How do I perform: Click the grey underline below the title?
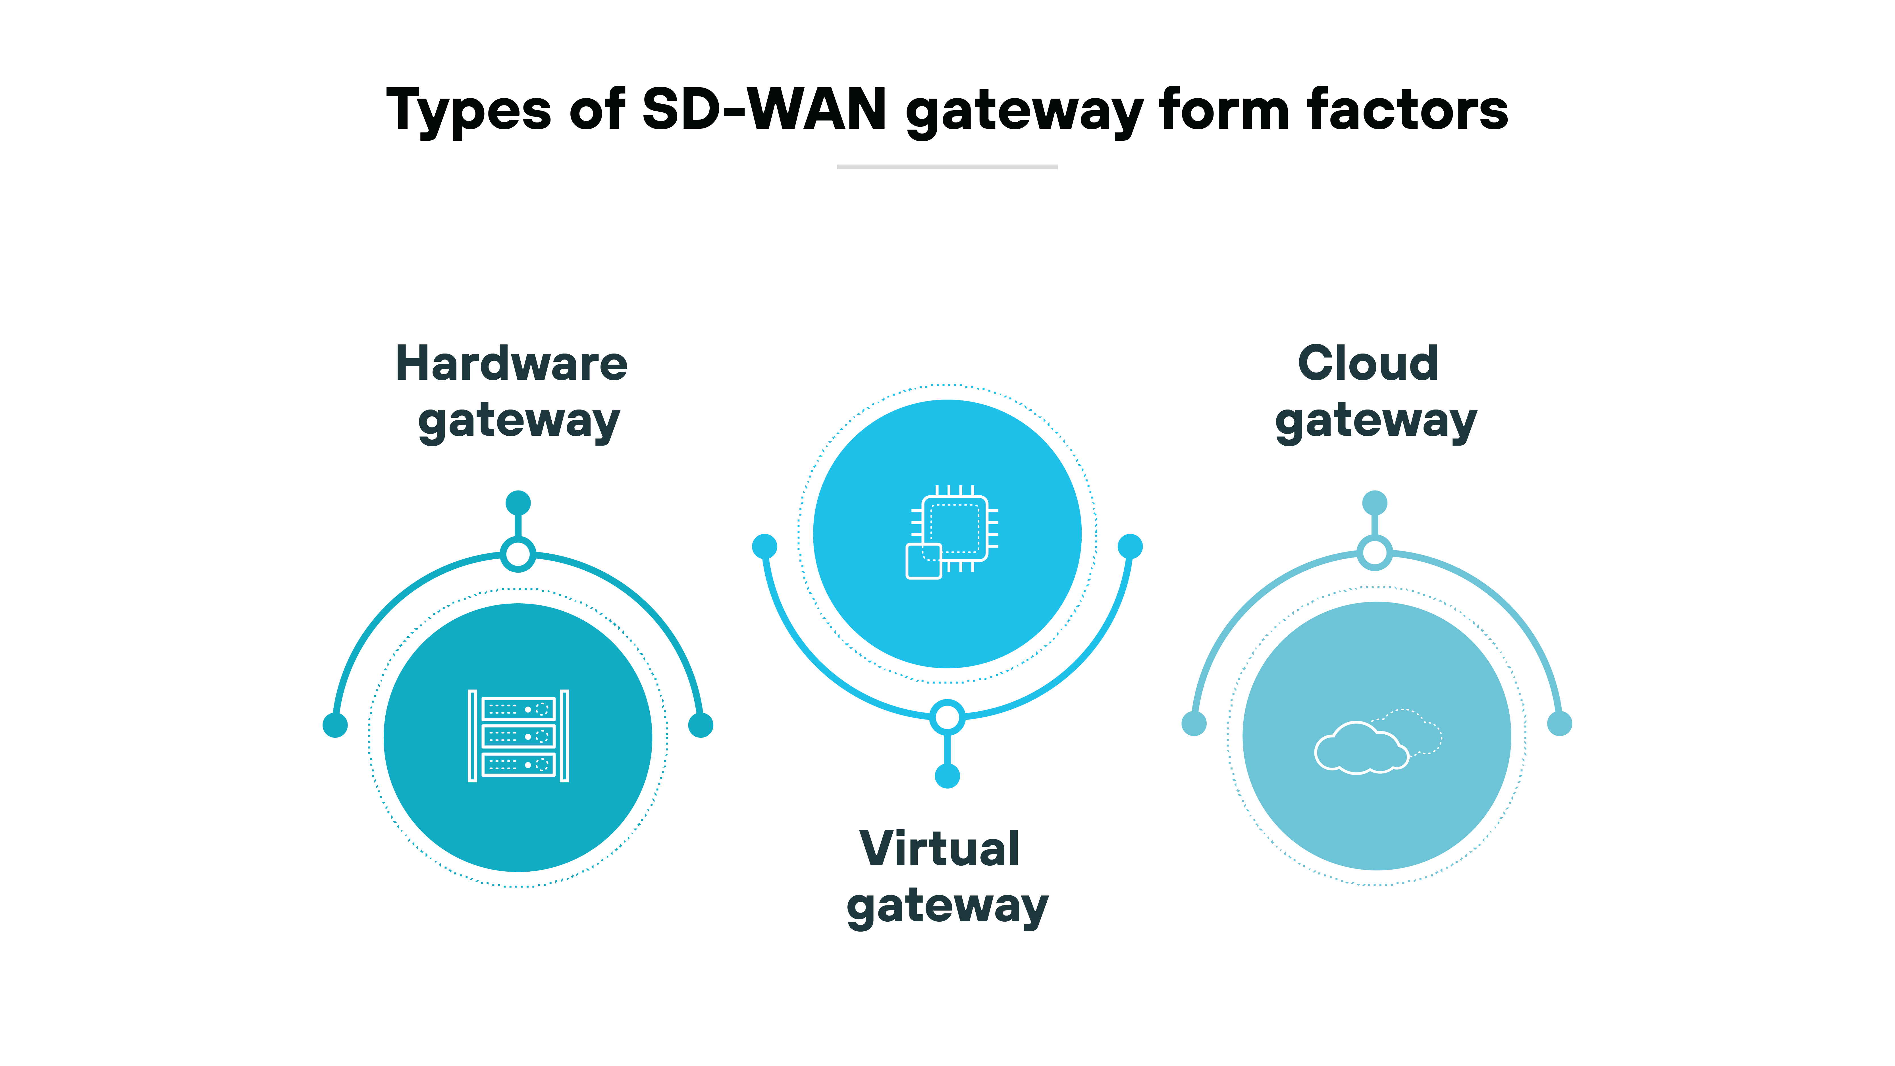(x=947, y=167)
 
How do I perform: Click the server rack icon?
(x=519, y=736)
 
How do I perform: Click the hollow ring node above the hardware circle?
(x=518, y=554)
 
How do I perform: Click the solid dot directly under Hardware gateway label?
(x=518, y=503)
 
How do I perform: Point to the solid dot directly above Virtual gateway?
(x=947, y=775)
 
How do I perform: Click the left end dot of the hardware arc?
(x=335, y=725)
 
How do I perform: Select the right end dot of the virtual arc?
(x=1130, y=546)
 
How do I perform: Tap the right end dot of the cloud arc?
(x=1560, y=723)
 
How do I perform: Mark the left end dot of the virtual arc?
(x=764, y=546)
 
